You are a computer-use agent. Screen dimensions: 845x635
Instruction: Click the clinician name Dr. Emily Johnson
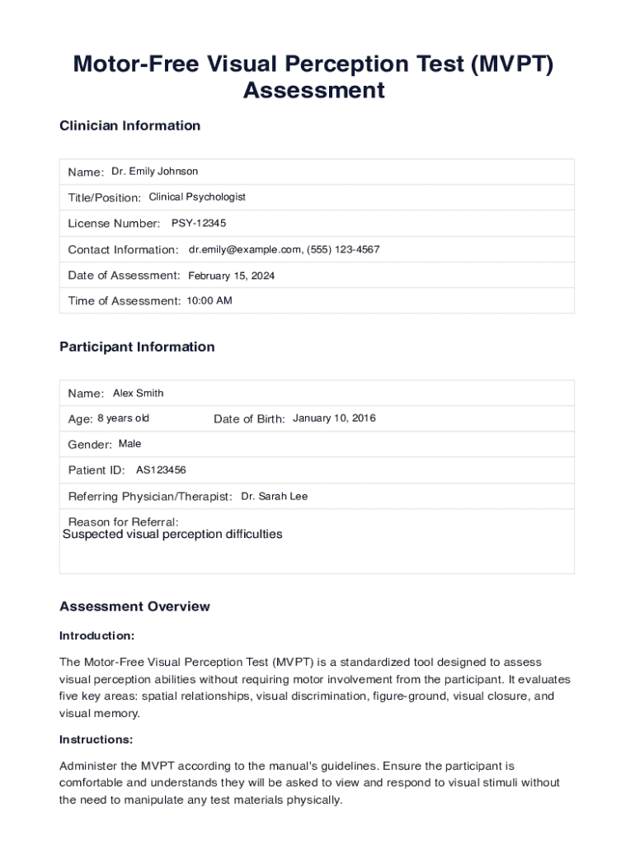pos(155,172)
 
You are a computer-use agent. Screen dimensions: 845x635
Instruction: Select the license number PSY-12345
pos(199,224)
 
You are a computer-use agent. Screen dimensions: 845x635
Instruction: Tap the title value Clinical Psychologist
pos(197,197)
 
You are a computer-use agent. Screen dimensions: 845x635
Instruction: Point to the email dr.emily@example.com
pos(245,249)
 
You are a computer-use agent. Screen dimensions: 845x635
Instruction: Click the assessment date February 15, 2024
pos(232,276)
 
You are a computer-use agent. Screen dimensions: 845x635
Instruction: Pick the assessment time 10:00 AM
pos(209,301)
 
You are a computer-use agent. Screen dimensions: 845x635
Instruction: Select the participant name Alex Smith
pos(139,394)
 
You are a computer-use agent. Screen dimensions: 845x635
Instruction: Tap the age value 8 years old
pos(124,418)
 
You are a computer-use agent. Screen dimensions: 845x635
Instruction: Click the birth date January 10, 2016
pos(334,418)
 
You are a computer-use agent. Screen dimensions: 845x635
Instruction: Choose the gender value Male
pos(130,444)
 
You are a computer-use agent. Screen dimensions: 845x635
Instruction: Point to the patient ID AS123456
pos(161,470)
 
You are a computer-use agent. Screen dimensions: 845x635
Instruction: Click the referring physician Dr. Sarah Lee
pos(275,497)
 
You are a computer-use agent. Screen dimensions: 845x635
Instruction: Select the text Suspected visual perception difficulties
pos(172,535)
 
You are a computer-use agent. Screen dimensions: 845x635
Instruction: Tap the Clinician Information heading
pos(130,126)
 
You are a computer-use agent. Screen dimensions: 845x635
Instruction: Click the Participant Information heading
pos(137,347)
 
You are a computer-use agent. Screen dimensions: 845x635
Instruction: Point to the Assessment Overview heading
pos(134,607)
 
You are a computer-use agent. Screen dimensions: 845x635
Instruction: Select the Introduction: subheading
pos(97,636)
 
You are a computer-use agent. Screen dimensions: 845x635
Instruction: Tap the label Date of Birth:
pos(249,419)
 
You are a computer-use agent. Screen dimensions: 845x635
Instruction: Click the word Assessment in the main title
pos(313,90)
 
